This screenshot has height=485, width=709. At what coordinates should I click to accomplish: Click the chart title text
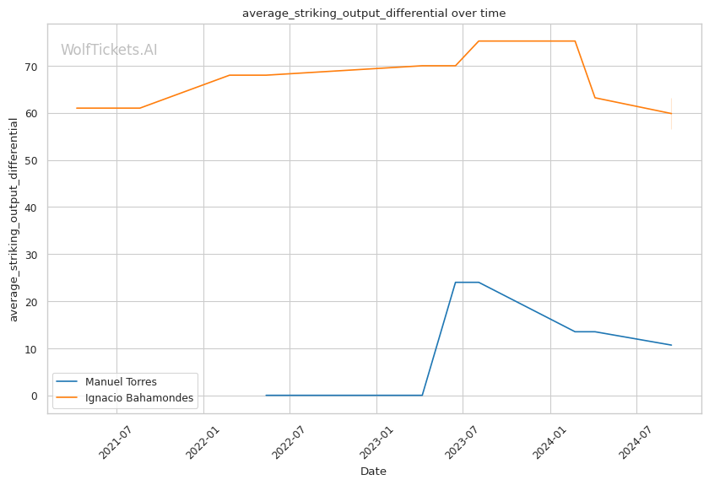(x=374, y=13)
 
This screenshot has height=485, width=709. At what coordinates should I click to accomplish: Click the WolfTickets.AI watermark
(x=109, y=51)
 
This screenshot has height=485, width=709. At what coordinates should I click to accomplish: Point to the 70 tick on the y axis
(x=34, y=67)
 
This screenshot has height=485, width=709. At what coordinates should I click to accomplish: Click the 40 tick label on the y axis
(x=34, y=207)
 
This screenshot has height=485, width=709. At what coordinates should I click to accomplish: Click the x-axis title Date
(x=373, y=472)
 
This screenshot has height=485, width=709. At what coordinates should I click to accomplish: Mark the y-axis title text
(x=14, y=219)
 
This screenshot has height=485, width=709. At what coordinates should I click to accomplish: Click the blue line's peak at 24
(x=467, y=283)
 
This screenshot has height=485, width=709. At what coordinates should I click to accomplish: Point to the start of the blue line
(x=266, y=395)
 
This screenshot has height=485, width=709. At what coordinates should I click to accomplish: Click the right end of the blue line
(x=671, y=345)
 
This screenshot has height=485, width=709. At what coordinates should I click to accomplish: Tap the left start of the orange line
(x=77, y=108)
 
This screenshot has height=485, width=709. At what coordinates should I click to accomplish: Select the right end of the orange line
(x=671, y=114)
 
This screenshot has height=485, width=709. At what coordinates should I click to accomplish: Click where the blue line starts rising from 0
(x=422, y=395)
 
